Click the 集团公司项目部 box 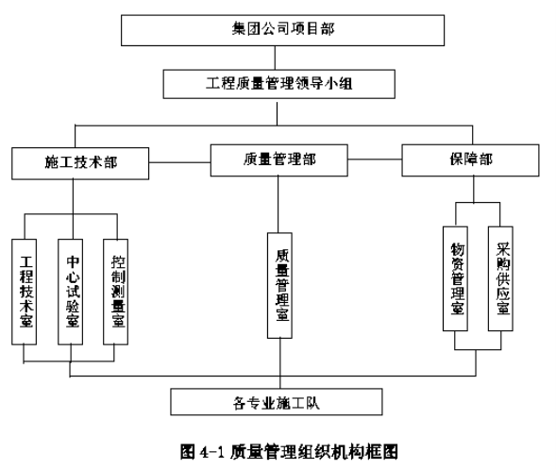(282, 30)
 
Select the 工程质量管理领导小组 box (279, 84)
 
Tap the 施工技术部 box (80, 163)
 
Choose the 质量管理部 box (279, 160)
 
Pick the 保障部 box (470, 160)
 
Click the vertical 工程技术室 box (25, 292)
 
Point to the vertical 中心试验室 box (71, 292)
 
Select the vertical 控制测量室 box (115, 292)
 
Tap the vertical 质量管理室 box (279, 285)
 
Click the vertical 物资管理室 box (455, 278)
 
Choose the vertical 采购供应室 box (500, 278)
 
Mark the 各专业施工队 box (277, 402)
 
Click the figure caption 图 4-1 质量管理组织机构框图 (289, 452)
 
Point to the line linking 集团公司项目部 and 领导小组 (275, 58)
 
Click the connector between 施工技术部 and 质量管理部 (179, 162)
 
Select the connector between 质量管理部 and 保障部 (375, 159)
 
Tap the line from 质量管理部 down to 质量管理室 (278, 205)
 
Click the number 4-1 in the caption (212, 452)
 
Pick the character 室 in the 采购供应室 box (503, 307)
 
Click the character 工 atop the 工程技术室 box (26, 262)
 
